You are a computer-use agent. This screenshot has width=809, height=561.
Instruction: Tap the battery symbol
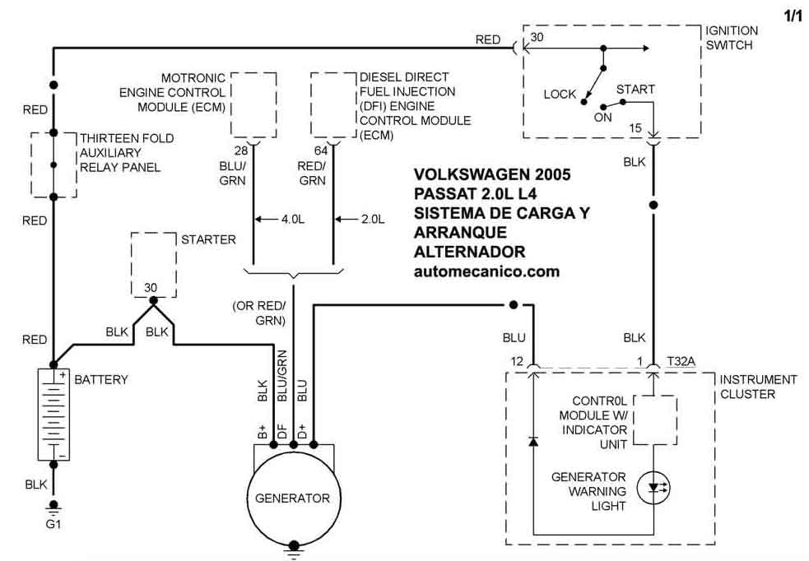pos(53,414)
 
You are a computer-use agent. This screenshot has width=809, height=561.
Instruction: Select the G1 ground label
pos(53,524)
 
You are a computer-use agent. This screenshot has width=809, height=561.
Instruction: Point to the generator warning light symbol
pos(653,487)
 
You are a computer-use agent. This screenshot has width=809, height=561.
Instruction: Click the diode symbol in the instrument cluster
pos(533,442)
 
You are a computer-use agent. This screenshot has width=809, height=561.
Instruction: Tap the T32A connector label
pos(681,361)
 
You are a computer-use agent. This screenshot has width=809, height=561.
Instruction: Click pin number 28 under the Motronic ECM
pos(241,151)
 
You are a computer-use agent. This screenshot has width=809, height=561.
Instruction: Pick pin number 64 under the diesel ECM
pos(321,151)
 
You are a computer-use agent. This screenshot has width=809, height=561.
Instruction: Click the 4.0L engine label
pos(293,219)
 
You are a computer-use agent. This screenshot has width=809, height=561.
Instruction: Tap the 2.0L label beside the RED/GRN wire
pos(373,219)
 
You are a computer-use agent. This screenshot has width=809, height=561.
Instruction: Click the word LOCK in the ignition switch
pos(560,95)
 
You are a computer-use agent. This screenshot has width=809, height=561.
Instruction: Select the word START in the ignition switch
pos(635,89)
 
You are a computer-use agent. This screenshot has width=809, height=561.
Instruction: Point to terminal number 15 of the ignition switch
pos(635,128)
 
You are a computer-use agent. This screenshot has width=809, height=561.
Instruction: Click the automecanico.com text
pos(486,271)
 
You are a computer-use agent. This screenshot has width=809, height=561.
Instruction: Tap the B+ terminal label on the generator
pos(262,432)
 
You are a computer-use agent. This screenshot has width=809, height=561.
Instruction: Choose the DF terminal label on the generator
pos(282,432)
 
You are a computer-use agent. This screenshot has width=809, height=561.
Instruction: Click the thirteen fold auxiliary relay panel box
pos(31,165)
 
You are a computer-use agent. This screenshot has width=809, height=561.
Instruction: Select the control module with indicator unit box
pos(634,420)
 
